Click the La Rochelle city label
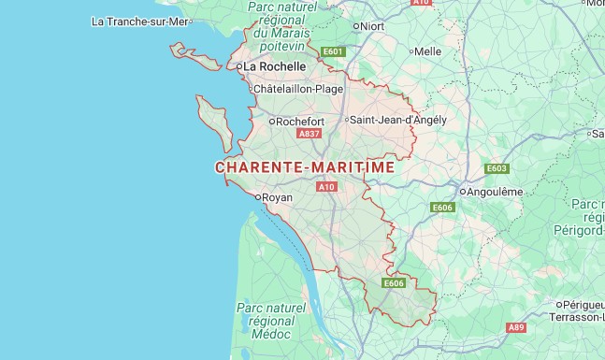tap(276, 67)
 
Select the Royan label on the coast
tap(277, 197)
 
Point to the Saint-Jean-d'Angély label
tap(399, 120)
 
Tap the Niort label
tap(372, 26)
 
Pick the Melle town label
tap(427, 51)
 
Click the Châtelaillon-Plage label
tap(298, 90)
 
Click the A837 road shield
tap(309, 134)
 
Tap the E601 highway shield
tap(333, 51)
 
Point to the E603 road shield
tap(497, 168)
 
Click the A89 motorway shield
tap(516, 327)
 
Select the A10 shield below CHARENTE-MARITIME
tap(326, 187)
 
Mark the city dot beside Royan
tap(257, 197)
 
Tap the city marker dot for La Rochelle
tap(239, 67)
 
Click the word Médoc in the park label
tap(271, 334)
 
